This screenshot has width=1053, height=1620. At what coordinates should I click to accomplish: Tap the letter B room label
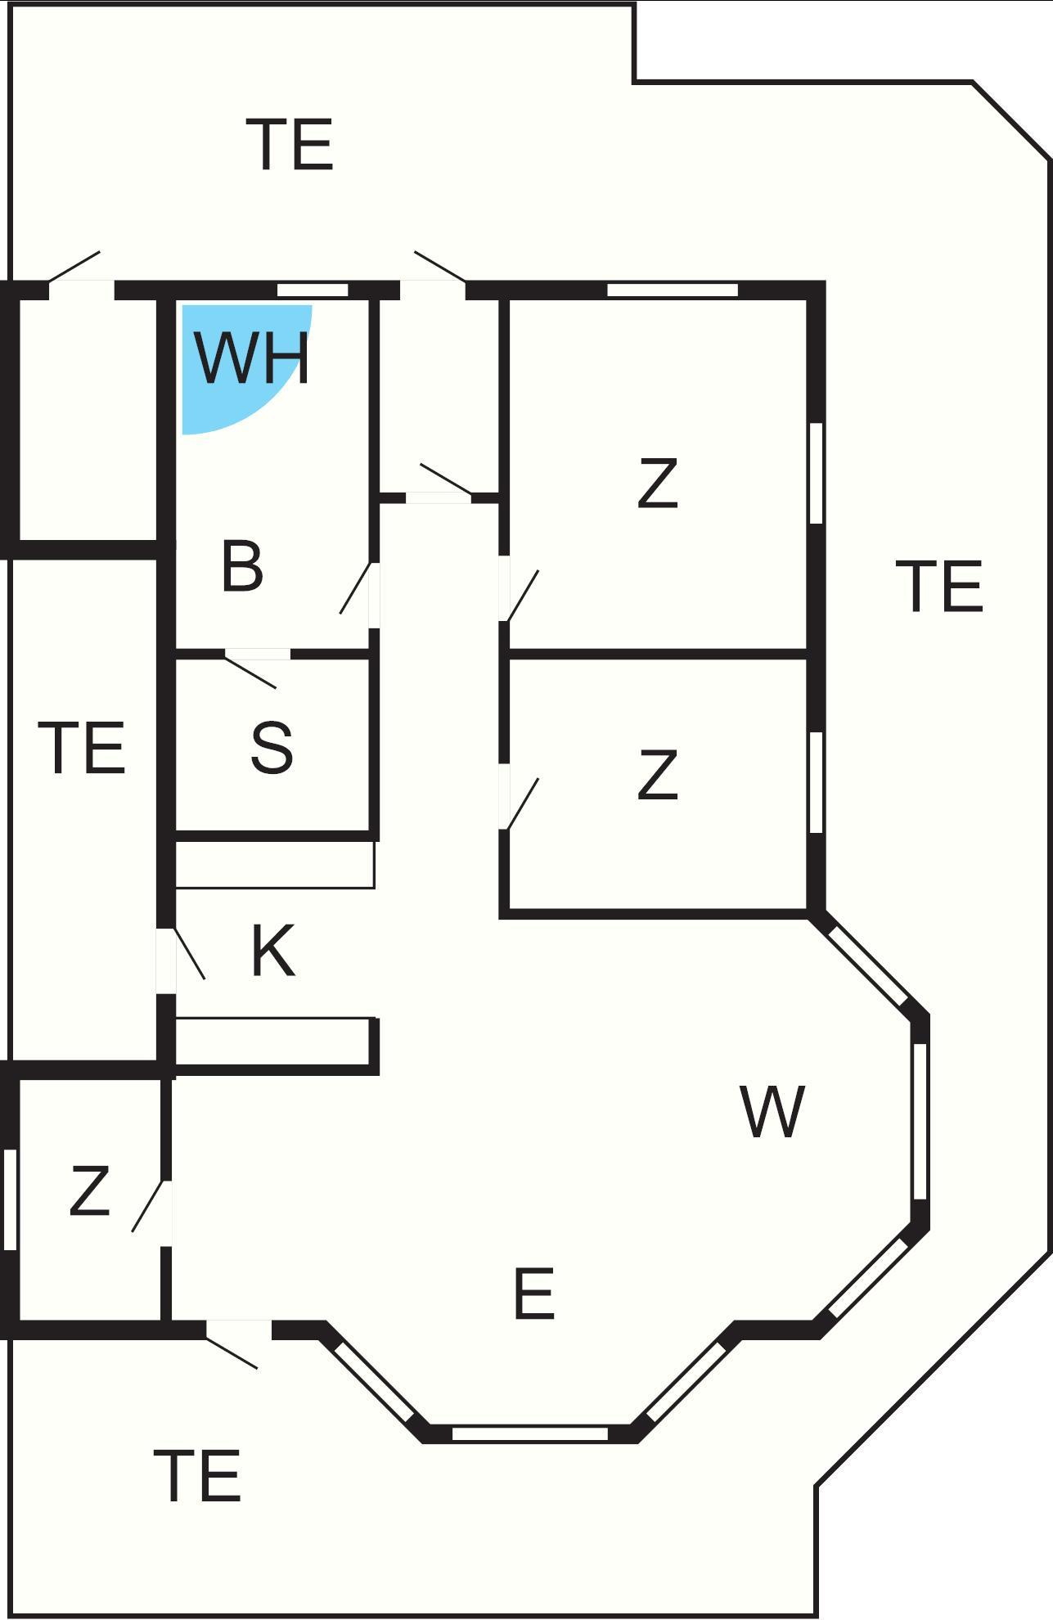click(x=242, y=566)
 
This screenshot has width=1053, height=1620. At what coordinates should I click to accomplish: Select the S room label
click(x=272, y=748)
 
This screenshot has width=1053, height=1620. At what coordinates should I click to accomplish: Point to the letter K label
click(x=272, y=952)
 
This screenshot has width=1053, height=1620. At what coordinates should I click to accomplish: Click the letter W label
click(x=772, y=1112)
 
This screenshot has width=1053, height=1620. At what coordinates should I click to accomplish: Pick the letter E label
click(x=534, y=1294)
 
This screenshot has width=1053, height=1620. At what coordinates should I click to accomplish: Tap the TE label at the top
click(x=294, y=146)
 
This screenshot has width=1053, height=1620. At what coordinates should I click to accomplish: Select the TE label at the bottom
click(x=198, y=1477)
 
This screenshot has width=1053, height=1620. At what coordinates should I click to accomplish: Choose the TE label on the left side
click(x=82, y=748)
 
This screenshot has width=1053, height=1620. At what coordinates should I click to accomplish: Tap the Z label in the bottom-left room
click(x=89, y=1191)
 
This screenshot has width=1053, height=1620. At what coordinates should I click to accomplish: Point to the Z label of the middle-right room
click(x=658, y=775)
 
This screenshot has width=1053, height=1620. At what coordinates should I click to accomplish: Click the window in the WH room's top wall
click(x=313, y=290)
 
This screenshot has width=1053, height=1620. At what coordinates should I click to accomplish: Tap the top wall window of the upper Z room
click(x=673, y=290)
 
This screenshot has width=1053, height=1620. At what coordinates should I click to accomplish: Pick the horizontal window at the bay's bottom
click(x=530, y=1433)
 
